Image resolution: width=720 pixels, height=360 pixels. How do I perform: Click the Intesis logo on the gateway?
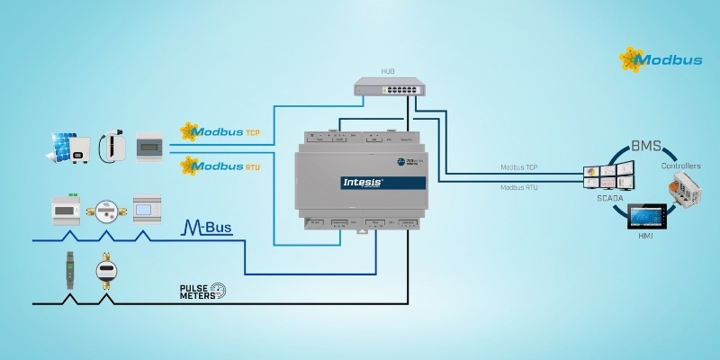pyautogui.click(x=364, y=182)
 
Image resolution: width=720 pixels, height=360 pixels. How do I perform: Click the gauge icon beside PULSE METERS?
pyautogui.click(x=218, y=289)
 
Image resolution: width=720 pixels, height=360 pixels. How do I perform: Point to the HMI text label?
pyautogui.click(x=645, y=238)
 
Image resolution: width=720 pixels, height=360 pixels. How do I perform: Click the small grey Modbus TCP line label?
pyautogui.click(x=519, y=168)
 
